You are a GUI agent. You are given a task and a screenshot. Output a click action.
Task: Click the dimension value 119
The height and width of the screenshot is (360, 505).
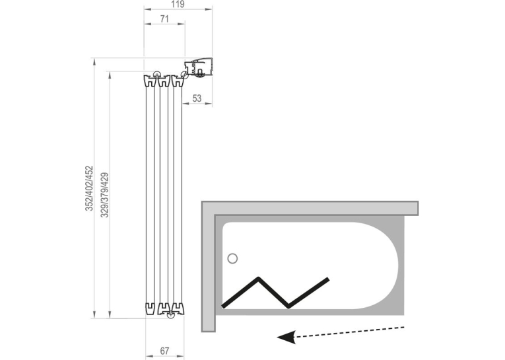point(178,4)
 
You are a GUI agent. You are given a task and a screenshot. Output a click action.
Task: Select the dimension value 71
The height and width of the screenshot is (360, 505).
point(164,19)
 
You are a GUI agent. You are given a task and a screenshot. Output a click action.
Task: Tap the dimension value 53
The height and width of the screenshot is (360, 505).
point(197,98)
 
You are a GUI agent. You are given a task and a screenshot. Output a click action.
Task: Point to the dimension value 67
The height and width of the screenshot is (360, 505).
point(164,351)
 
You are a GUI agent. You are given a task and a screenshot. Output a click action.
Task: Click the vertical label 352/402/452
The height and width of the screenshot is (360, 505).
point(89,188)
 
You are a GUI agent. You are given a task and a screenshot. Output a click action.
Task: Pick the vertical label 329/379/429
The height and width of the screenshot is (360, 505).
point(105,195)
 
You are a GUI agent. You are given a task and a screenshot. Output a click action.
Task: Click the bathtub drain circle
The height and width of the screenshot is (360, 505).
point(232,258)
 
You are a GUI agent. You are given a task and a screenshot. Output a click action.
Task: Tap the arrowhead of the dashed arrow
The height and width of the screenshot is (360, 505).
point(286,337)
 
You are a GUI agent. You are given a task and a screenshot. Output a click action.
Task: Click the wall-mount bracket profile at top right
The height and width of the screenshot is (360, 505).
point(199,67)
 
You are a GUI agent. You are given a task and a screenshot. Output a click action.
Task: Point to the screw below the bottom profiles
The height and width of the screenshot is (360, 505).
point(170,315)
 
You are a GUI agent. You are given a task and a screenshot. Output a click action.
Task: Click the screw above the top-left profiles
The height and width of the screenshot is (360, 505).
point(157,74)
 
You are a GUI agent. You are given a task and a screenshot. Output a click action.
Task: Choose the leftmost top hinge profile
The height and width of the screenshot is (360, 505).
point(149,81)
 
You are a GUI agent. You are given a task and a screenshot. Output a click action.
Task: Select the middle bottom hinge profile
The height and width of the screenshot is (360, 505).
point(164,308)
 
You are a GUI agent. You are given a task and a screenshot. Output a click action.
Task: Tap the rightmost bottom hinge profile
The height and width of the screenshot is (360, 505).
point(178,308)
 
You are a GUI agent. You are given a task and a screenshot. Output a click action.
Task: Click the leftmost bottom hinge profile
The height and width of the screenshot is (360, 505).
point(151,308)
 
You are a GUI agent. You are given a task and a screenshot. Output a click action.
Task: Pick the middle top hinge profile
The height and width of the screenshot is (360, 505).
point(164,81)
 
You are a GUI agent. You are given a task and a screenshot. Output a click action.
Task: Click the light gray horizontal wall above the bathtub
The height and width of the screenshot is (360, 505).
point(310,208)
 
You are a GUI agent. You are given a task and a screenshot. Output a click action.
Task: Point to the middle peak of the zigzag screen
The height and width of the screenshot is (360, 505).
point(258,277)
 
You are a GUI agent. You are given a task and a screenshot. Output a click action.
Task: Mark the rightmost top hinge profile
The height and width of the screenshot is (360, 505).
point(178,81)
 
